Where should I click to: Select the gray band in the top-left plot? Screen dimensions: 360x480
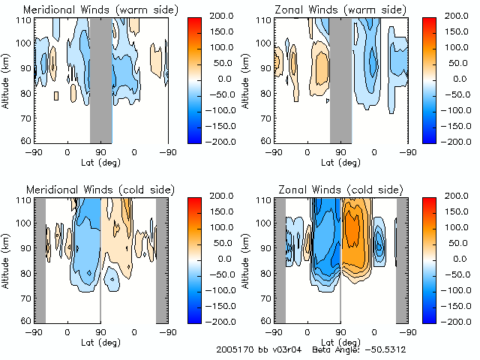click(x=101, y=79)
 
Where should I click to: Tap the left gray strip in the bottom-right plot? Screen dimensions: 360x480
click(x=280, y=259)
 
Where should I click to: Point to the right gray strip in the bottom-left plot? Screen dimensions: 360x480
click(x=161, y=259)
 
